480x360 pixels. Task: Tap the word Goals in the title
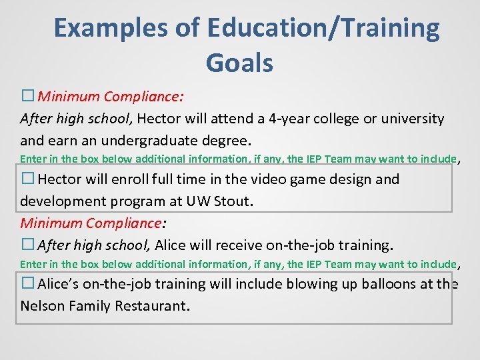pos(239,63)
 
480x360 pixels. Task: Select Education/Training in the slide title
pos(323,29)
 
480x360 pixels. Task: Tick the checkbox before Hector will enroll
pos(27,179)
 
